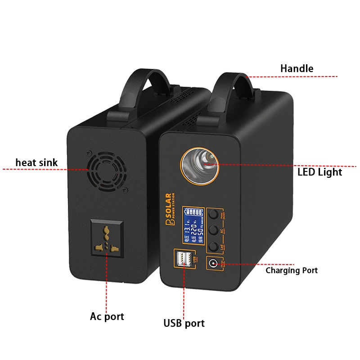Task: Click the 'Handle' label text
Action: tap(297, 68)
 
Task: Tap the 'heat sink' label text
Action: tap(37, 162)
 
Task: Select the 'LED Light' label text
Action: tap(319, 172)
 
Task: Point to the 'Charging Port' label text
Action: tap(292, 270)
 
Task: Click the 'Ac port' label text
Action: tap(107, 316)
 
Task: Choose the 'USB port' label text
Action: tap(184, 323)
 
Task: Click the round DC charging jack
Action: tap(214, 263)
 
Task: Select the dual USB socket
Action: tap(182, 260)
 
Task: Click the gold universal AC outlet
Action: tap(106, 240)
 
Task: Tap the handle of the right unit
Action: tap(237, 88)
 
